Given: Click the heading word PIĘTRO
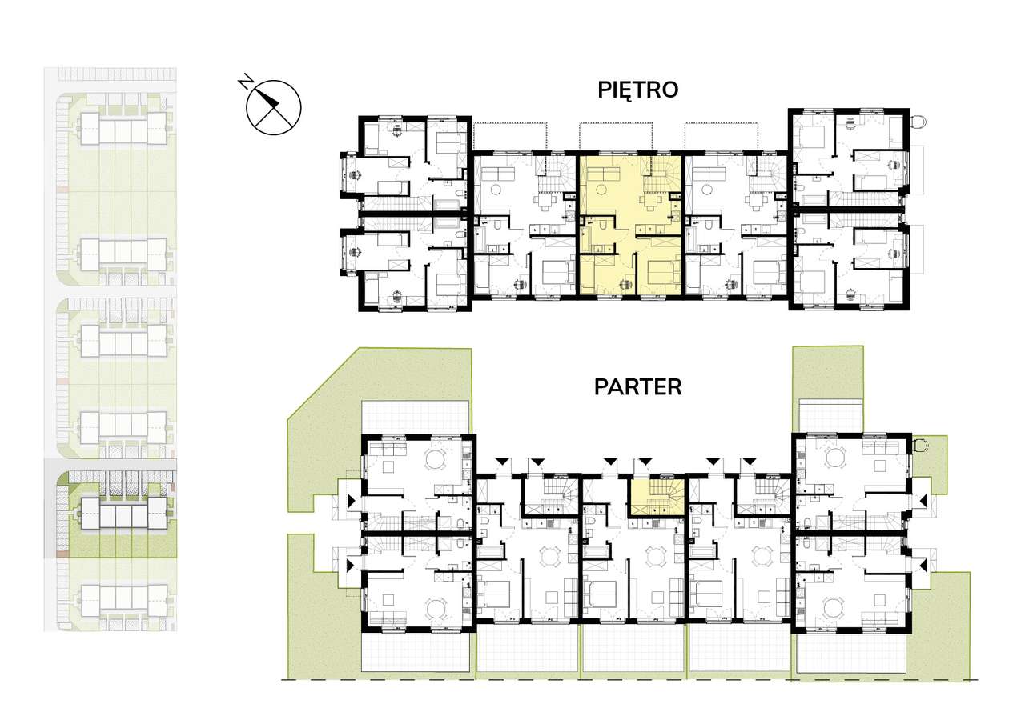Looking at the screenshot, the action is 638,90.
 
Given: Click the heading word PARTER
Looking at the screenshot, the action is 638,387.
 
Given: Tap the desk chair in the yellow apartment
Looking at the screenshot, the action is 625,284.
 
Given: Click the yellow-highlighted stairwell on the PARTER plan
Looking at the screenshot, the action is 657,496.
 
